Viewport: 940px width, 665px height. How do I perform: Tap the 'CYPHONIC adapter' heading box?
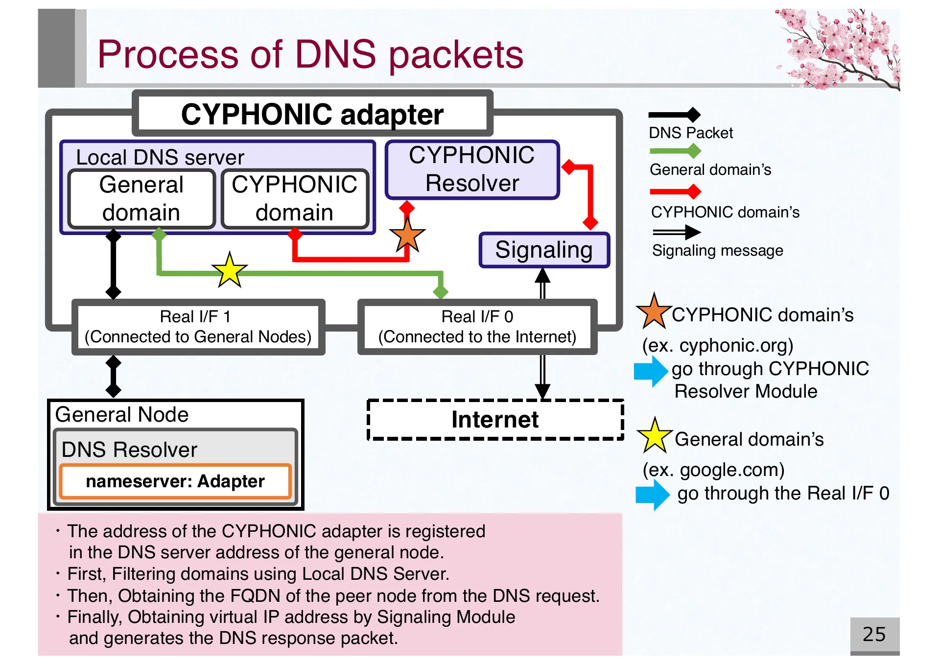point(312,114)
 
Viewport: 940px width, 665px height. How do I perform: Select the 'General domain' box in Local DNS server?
point(141,198)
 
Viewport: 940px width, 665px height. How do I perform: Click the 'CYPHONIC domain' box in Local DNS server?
point(294,198)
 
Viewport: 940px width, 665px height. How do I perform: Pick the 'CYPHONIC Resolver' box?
point(472,169)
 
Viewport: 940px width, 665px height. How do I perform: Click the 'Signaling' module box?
point(544,250)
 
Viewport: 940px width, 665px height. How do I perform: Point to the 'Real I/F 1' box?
point(198,327)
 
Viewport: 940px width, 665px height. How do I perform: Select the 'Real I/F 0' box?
point(477,327)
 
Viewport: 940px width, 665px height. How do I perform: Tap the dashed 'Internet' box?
point(495,420)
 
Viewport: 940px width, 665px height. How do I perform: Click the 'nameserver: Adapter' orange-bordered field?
point(175,481)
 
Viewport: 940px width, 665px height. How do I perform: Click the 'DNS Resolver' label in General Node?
point(129,450)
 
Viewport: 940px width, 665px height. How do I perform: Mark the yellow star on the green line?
point(229,270)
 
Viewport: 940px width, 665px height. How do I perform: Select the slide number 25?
point(874,634)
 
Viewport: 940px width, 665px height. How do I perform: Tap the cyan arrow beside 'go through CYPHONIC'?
point(651,371)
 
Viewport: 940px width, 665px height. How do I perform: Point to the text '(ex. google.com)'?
point(713,470)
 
